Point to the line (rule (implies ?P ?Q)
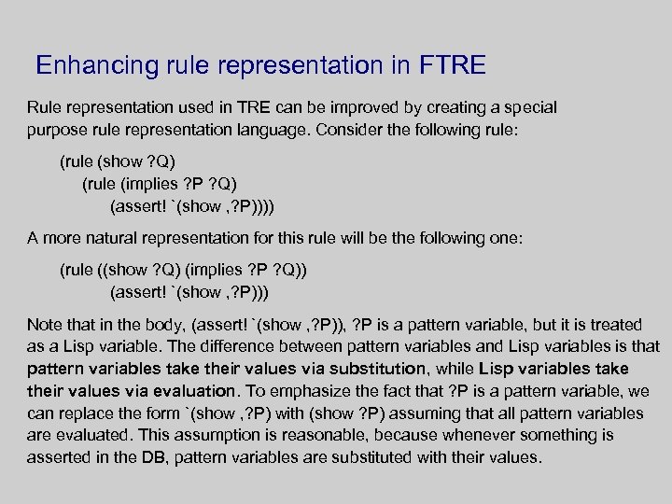coord(170,183)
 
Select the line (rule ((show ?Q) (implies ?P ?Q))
coord(184,271)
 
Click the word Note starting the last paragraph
coord(44,325)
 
